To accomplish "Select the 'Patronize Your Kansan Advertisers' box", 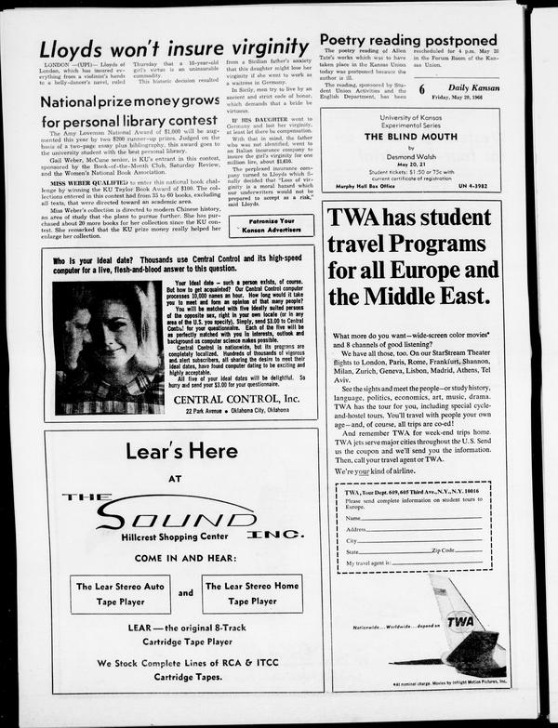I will [271, 225].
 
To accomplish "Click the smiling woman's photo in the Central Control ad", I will [109, 347].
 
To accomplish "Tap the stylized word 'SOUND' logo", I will [186, 513].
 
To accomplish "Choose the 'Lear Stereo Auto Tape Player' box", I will [119, 593].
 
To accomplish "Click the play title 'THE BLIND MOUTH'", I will [409, 136].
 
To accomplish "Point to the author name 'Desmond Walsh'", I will [410, 156].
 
